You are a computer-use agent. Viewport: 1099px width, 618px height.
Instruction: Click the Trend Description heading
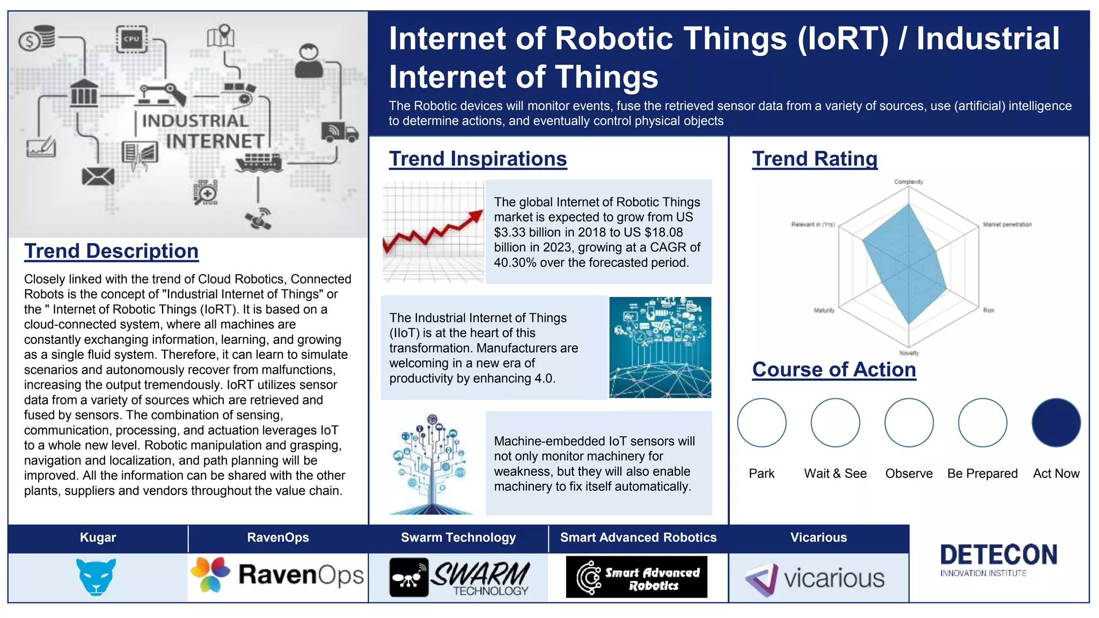(111, 251)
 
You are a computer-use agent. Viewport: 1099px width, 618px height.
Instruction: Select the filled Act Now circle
(1056, 422)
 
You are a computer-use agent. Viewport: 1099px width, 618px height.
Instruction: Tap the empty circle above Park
(761, 422)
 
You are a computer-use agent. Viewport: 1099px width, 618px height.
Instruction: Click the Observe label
(908, 473)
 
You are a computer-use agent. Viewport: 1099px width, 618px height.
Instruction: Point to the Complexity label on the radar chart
(908, 182)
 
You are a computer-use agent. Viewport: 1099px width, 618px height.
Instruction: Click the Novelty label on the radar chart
(909, 353)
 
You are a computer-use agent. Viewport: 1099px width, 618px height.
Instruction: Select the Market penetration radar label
(1007, 225)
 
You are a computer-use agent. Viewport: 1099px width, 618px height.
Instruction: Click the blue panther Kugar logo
(96, 577)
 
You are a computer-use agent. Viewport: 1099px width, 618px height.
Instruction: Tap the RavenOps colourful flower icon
(210, 575)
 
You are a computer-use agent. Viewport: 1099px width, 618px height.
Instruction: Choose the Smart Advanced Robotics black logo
(636, 577)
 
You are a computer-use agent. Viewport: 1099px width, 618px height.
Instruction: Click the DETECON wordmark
(998, 555)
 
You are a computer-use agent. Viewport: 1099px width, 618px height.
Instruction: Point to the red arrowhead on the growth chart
(475, 216)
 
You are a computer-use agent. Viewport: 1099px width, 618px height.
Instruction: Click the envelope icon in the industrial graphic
(98, 176)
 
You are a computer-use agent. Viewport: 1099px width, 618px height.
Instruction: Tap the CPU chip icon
(131, 39)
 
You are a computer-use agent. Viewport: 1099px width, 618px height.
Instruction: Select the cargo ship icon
(259, 162)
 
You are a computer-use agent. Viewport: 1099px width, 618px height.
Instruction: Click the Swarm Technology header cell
(458, 538)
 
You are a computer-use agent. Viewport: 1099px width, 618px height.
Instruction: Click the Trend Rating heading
(815, 159)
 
